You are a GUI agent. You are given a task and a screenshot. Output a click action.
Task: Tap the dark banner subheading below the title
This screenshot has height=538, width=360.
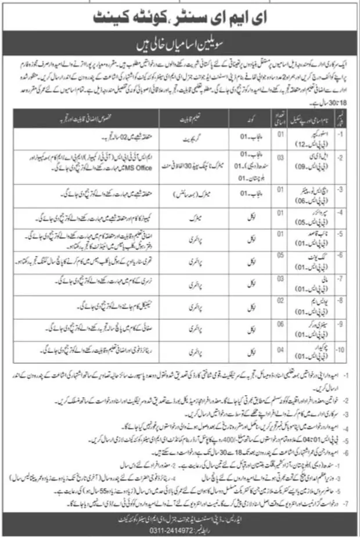(181, 45)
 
